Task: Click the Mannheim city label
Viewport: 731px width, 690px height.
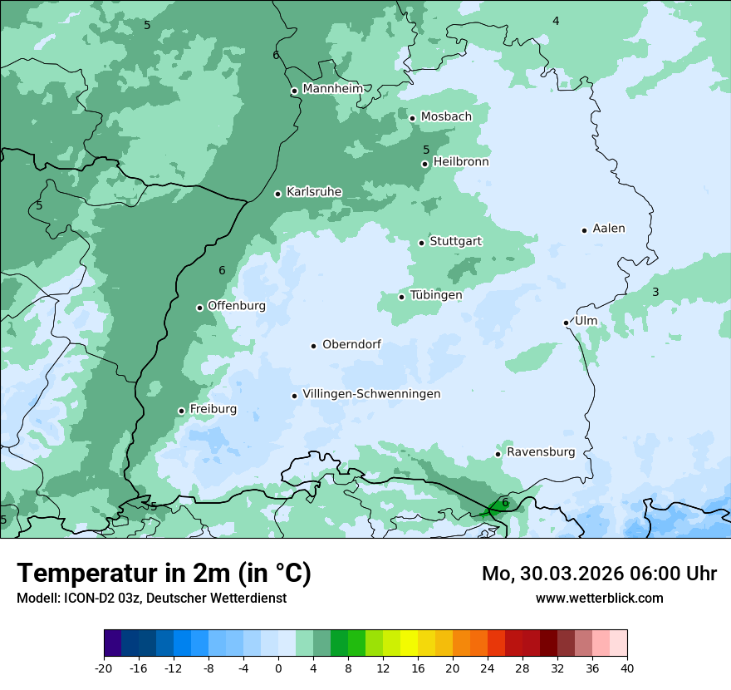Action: pos(333,89)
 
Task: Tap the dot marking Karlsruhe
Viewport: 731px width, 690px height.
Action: pos(278,194)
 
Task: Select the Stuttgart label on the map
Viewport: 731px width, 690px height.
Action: pos(455,242)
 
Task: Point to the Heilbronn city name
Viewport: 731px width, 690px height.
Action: pos(461,162)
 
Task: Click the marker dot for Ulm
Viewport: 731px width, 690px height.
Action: pos(566,323)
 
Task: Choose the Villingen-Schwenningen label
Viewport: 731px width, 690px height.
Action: pos(371,394)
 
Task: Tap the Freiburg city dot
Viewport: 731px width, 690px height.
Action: pos(181,411)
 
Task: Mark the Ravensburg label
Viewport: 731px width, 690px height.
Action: pos(541,452)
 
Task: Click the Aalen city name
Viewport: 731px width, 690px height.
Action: pos(609,229)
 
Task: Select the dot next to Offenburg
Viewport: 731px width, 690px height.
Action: pos(199,308)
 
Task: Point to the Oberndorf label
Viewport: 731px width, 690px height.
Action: pos(351,344)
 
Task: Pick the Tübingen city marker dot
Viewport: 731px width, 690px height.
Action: pos(401,297)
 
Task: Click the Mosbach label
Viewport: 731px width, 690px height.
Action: pos(446,117)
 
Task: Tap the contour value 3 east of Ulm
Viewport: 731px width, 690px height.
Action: pos(655,292)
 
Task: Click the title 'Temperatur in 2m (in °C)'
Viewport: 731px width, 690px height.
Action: pos(164,574)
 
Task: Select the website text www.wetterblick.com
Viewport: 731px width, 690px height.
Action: pos(599,599)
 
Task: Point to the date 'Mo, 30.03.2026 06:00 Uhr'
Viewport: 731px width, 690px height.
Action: pos(599,574)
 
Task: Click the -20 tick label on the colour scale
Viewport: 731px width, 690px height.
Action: pos(104,668)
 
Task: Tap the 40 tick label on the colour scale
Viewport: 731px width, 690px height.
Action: pos(626,668)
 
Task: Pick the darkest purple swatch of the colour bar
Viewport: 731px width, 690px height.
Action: pos(112,643)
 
